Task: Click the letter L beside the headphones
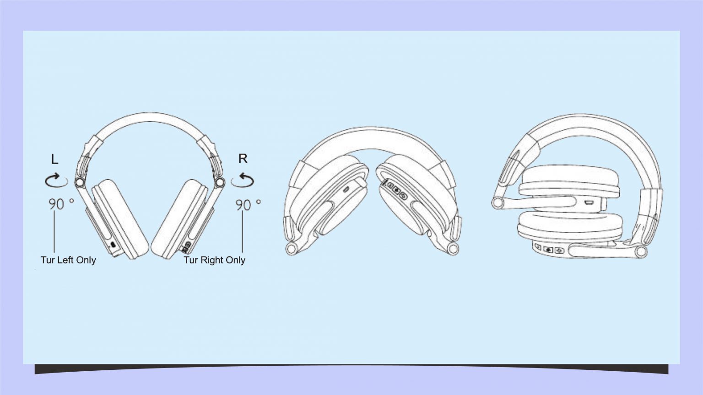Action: point(54,159)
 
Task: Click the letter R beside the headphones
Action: point(243,159)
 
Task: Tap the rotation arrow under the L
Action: point(56,180)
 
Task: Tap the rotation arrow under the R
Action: point(243,180)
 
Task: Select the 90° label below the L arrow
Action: point(61,204)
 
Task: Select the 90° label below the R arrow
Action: point(248,205)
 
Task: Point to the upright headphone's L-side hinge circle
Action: point(79,182)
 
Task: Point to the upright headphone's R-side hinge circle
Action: point(220,182)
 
